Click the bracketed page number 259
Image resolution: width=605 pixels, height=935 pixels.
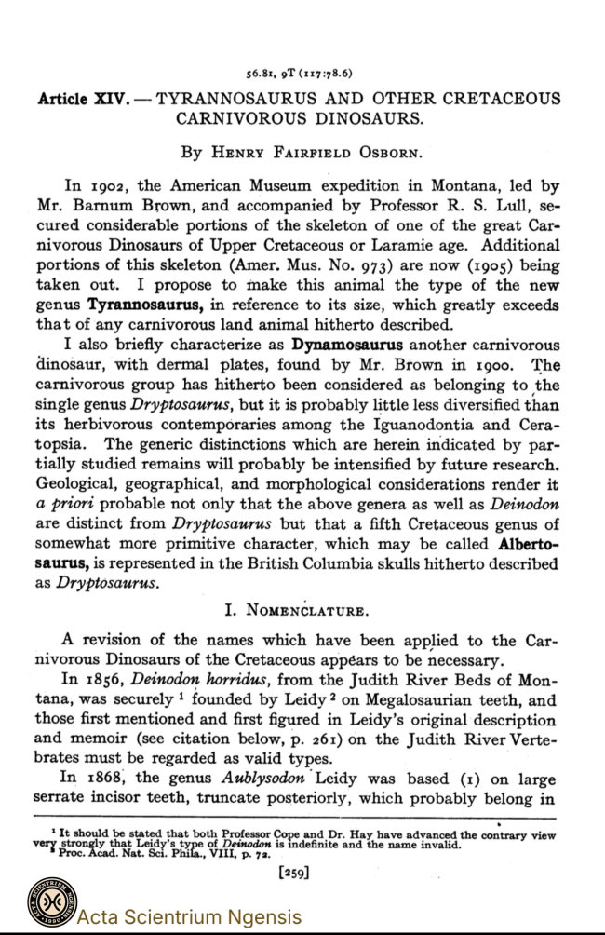295,873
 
